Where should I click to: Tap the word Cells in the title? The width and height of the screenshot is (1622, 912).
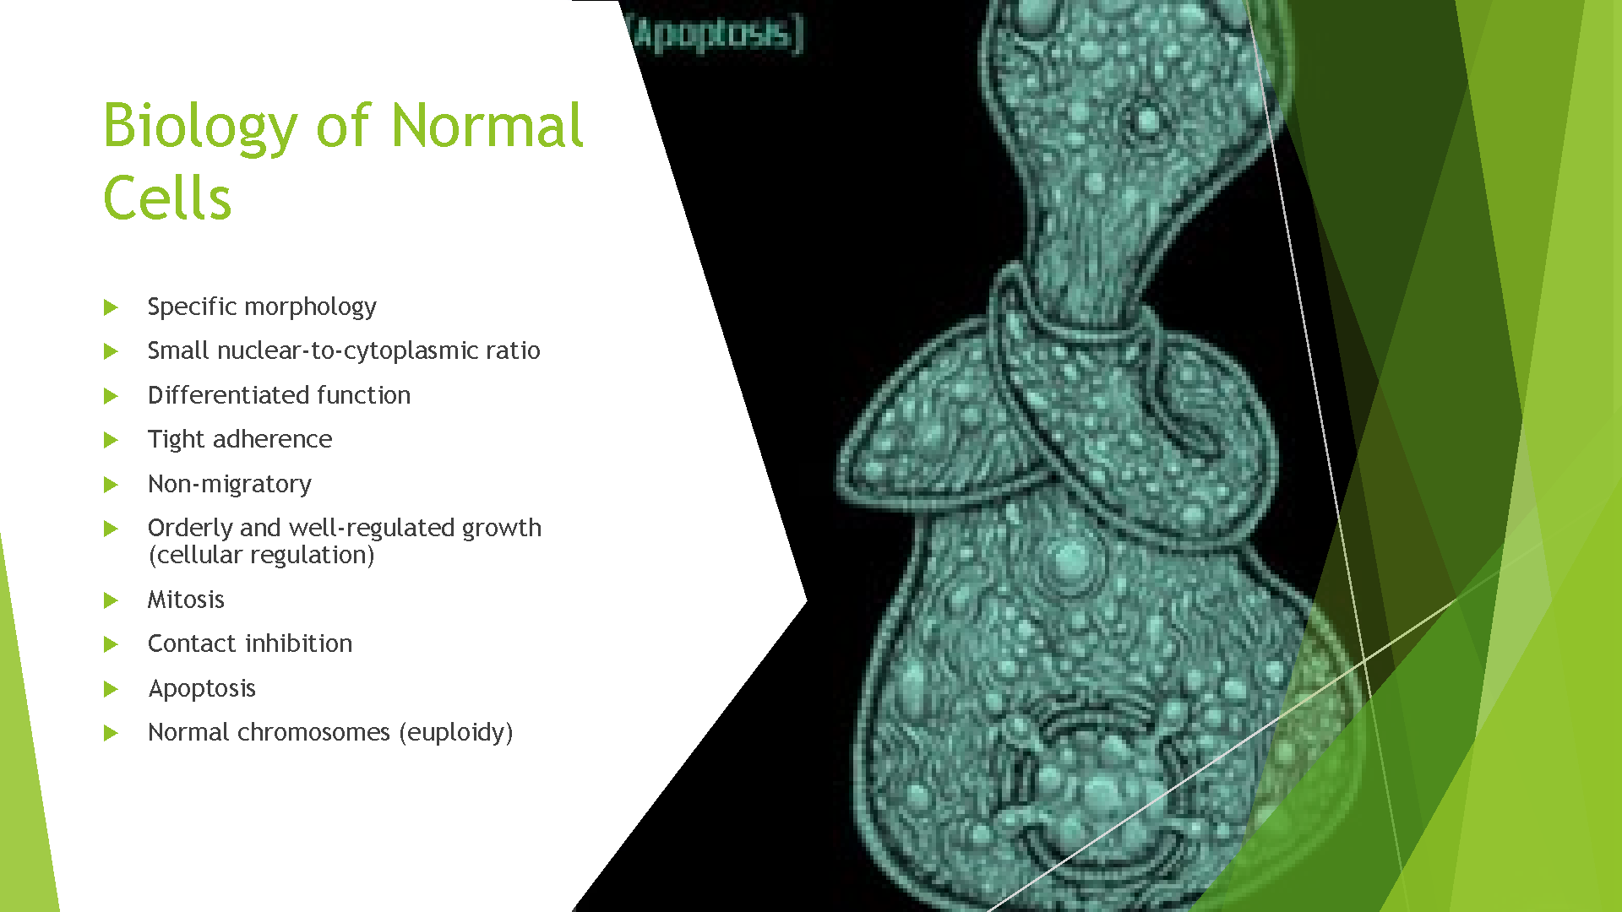(167, 198)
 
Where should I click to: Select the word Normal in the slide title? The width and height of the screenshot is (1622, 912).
(487, 125)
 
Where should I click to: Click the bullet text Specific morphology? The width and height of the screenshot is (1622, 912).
(262, 307)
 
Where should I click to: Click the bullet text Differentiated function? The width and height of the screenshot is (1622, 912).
(279, 395)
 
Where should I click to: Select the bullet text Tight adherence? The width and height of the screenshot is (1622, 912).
(240, 440)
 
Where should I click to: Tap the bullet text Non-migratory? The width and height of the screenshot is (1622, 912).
(230, 485)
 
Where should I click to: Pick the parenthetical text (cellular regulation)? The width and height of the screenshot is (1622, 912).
(261, 556)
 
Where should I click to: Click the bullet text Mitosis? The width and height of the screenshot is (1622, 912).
(186, 600)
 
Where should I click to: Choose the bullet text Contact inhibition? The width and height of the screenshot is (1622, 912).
(250, 643)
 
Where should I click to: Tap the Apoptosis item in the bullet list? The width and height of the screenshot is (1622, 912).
(202, 689)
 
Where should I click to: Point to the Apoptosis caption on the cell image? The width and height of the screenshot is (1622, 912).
(716, 35)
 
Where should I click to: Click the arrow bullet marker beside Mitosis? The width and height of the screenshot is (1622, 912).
(111, 600)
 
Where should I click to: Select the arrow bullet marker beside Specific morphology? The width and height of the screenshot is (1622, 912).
(111, 307)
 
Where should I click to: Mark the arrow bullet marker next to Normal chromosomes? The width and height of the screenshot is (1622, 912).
(111, 733)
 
